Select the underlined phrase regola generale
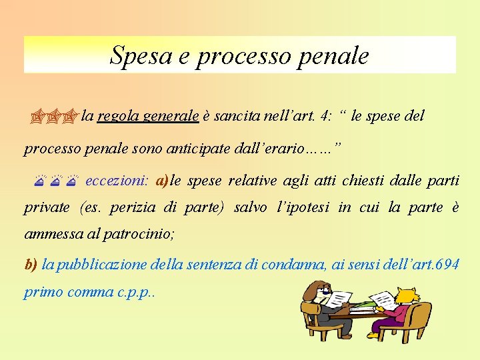(x=148, y=116)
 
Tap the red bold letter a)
(x=162, y=181)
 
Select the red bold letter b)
(x=31, y=265)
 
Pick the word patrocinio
(x=143, y=234)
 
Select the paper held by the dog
(x=339, y=301)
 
